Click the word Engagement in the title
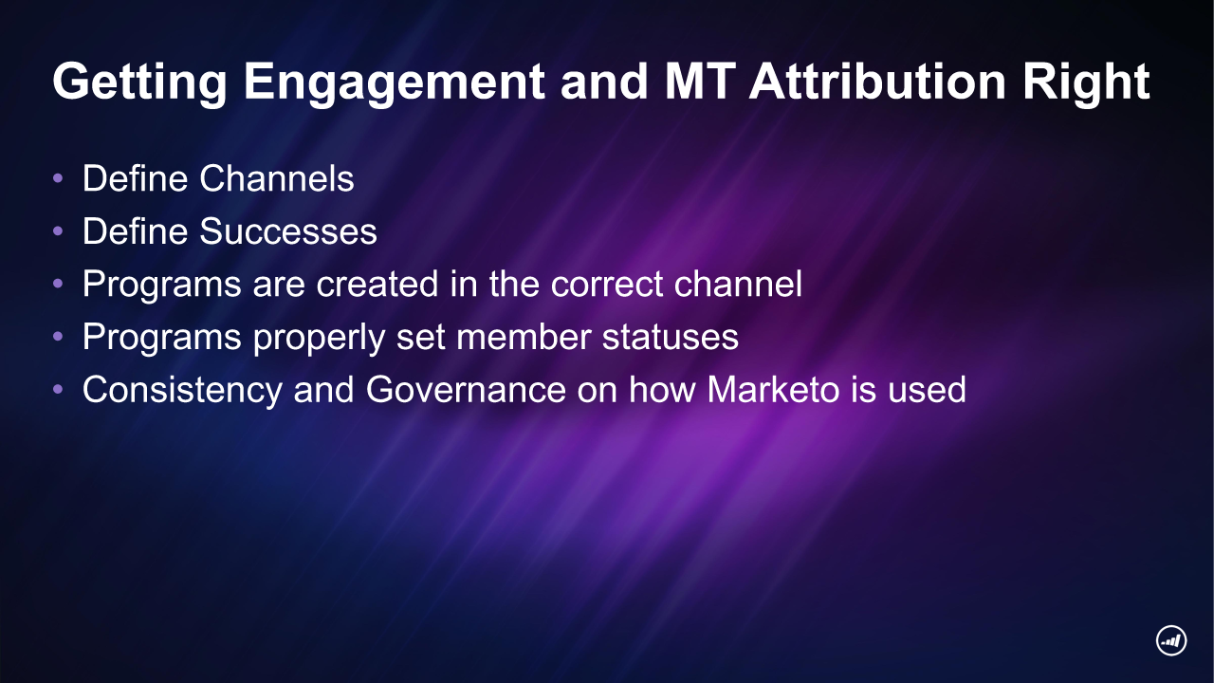394,83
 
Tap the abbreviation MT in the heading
700,81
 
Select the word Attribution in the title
877,81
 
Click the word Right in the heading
1086,83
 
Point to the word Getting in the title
139,83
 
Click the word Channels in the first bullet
277,178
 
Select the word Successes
288,231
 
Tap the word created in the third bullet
377,284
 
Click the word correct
607,284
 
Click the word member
524,337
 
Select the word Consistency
182,390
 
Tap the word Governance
466,389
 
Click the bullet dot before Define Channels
59,178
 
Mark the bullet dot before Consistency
59,389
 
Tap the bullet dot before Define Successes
59,231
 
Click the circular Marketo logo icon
1171,640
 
